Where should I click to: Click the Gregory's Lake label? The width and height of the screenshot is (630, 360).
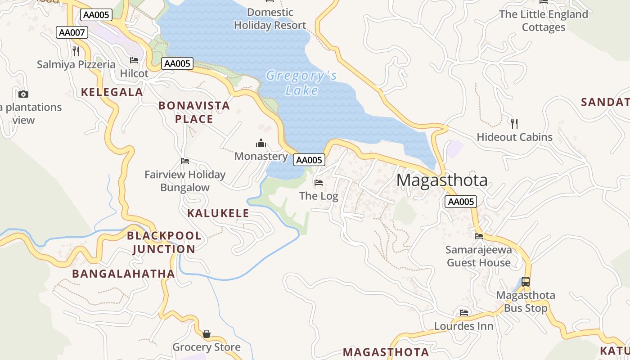(301, 83)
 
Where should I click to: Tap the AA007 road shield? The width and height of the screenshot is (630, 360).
(72, 32)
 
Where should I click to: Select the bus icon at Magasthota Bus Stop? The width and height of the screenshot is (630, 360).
(526, 282)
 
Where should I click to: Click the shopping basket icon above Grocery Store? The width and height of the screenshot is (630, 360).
(207, 334)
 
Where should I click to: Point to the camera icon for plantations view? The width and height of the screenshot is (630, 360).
(23, 94)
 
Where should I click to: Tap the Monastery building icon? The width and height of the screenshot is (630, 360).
(261, 144)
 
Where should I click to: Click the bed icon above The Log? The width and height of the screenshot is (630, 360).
(319, 182)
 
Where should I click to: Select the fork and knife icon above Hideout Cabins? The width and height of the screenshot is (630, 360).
(514, 123)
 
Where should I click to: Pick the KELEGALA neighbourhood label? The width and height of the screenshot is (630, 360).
(112, 92)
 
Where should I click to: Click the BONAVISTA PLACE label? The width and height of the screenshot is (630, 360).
(194, 112)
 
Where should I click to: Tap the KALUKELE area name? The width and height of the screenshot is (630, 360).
(218, 213)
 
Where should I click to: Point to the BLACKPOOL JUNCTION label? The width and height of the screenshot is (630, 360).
(164, 242)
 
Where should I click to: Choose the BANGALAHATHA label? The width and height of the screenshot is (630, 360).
(124, 274)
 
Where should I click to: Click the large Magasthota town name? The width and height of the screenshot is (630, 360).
(442, 180)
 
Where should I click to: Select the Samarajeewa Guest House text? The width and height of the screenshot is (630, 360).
(479, 256)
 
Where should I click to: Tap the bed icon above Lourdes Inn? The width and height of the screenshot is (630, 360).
(464, 312)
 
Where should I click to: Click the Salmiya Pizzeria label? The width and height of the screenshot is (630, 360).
(76, 64)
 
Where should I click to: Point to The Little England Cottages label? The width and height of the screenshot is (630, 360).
(544, 21)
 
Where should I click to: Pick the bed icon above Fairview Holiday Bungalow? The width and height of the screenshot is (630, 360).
(185, 161)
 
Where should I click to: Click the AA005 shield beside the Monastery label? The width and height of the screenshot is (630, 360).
(309, 160)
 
